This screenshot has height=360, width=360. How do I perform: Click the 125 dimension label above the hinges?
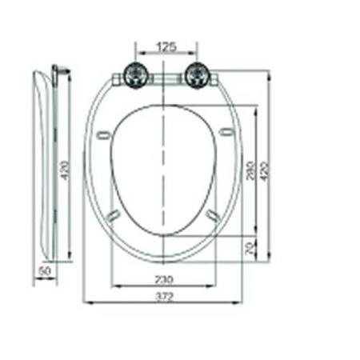coord(166,47)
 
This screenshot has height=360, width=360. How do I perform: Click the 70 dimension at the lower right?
coord(250,248)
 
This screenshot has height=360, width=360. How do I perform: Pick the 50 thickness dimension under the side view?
coord(44,271)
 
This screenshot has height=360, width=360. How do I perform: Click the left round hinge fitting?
coord(134,76)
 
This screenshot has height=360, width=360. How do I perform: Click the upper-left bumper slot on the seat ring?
coord(102,135)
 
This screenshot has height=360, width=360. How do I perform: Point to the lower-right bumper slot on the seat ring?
coord(213,214)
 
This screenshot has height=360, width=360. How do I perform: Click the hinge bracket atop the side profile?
coord(56,72)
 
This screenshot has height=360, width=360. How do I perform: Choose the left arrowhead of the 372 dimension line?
coord(86,302)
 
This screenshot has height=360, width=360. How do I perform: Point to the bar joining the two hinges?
coord(164,78)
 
